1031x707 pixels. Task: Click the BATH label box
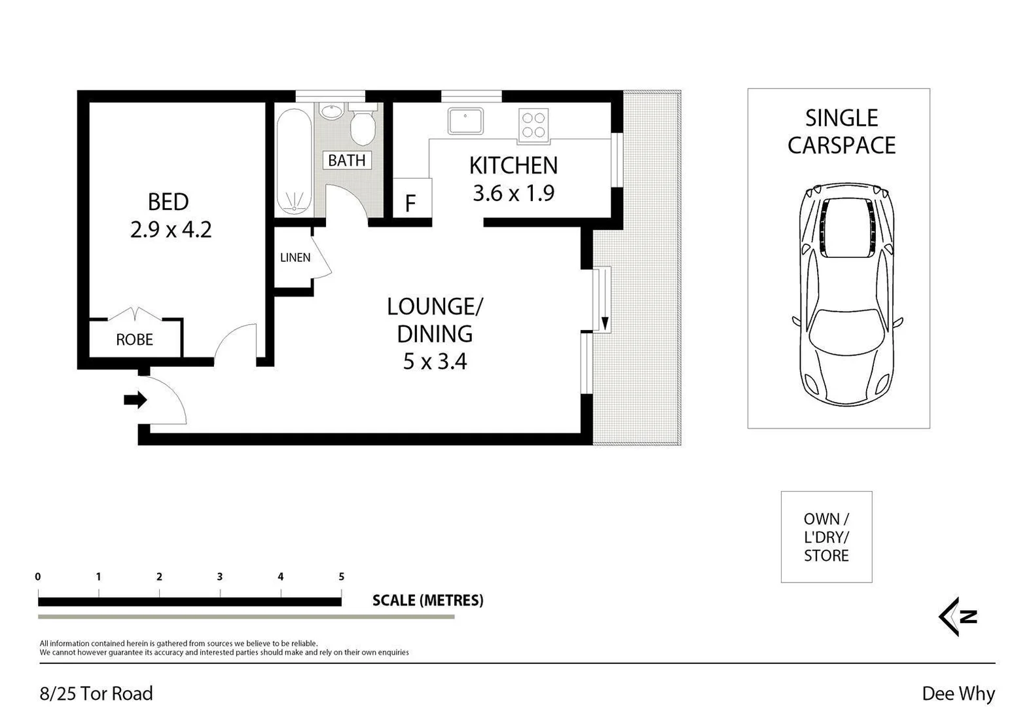coord(347,160)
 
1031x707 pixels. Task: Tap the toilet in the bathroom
coord(362,126)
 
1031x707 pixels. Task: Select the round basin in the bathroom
coord(332,111)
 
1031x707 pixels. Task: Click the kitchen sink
coord(465,121)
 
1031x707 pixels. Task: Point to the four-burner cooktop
coord(533,125)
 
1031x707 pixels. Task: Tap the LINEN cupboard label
coord(295,257)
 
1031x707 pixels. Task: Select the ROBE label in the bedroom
coord(134,340)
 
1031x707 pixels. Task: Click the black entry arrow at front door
coord(136,400)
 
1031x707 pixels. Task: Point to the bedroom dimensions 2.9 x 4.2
coord(171,230)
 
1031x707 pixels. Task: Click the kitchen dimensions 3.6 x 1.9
coord(513,193)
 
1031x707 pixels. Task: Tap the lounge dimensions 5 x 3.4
coord(435,361)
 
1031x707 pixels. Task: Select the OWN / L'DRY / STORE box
coord(826,537)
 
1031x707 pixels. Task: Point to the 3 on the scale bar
coord(220,577)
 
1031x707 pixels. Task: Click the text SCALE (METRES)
coord(427,600)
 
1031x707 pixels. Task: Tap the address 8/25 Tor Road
coord(96,693)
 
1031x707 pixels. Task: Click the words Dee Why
coord(958,693)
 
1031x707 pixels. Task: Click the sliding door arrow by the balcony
coord(605,323)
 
